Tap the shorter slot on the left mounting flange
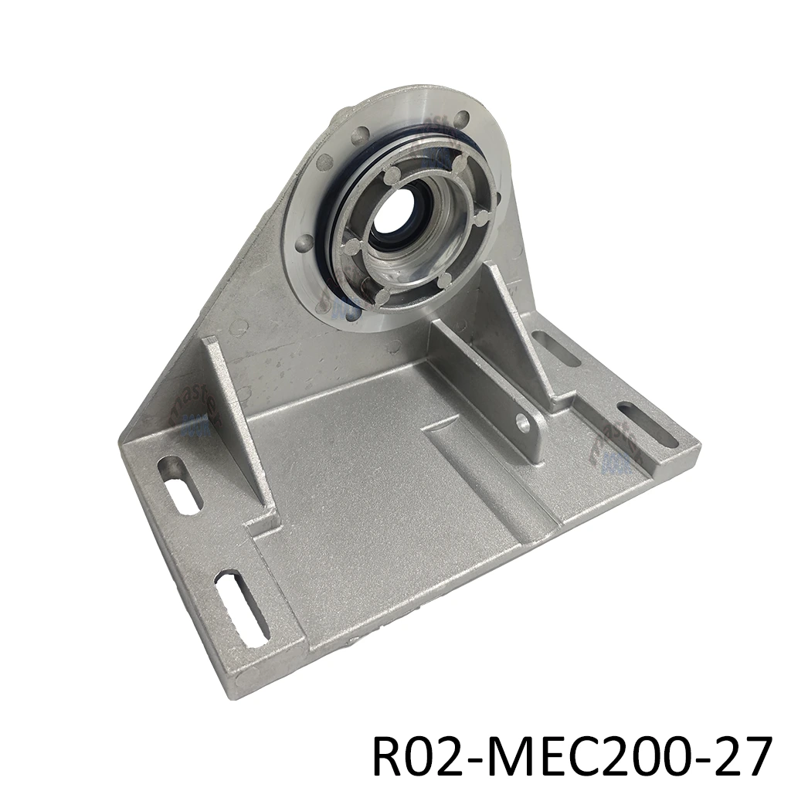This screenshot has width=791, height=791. (x=179, y=484)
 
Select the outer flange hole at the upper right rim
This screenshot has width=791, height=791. (x=462, y=120)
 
